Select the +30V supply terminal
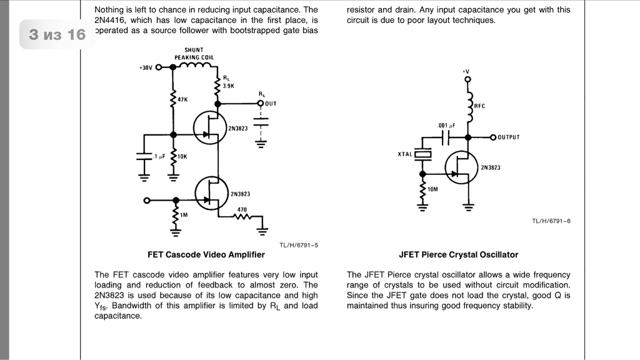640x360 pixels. (158, 67)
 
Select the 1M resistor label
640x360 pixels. (184, 214)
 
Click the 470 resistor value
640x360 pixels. (242, 209)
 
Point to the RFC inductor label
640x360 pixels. (479, 106)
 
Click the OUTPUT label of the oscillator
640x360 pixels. (508, 137)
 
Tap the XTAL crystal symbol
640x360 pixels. (423, 154)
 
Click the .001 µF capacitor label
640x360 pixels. (446, 126)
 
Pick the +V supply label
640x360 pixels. (466, 72)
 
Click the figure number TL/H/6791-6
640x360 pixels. (551, 221)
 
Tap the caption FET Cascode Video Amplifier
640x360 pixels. (206, 254)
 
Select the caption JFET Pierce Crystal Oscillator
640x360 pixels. (458, 254)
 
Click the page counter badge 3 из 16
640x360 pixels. (57, 34)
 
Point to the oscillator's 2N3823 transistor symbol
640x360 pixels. (461, 166)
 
